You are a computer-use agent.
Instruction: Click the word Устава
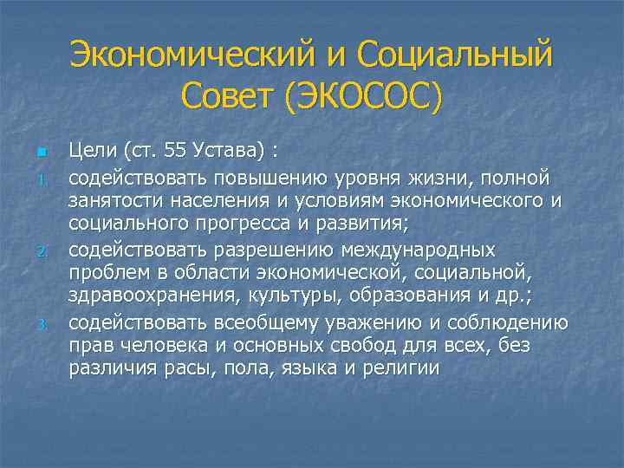coord(231,153)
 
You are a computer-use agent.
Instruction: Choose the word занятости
coord(115,202)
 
